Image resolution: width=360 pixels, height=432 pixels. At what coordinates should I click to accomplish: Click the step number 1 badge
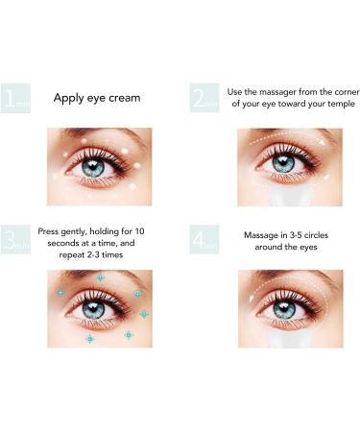pos(15,98)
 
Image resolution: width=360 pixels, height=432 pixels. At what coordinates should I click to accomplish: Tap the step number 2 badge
pos(204,98)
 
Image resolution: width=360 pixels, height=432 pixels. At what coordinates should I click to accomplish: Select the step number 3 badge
pos(15,239)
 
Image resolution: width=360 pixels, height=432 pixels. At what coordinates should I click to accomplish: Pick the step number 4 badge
pos(204,239)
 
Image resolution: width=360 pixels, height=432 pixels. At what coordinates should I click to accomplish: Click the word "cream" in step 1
pos(124,98)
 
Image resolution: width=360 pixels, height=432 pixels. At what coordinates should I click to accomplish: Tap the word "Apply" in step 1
pos(68,98)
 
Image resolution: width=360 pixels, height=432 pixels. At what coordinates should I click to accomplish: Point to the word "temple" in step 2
pos(340,104)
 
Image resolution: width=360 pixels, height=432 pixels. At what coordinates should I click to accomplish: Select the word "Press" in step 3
pos(48,231)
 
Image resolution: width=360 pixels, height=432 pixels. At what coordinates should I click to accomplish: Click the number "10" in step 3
pos(139,231)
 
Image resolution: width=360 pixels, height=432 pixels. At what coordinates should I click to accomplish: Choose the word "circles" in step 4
pos(316,235)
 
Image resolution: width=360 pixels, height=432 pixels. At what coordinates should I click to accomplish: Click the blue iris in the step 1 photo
pos(93,168)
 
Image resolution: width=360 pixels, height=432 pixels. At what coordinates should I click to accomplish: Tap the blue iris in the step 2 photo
pos(283,164)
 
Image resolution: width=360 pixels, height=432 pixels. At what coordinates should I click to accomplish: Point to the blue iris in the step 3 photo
pos(93,309)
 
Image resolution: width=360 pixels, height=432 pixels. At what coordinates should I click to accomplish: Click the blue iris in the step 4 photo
pos(284,310)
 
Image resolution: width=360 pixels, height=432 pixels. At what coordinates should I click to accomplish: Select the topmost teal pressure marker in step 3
pos(101,277)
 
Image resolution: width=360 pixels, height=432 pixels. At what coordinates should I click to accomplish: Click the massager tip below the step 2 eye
pos(290,196)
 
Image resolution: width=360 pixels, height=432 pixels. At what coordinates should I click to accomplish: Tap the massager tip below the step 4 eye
pos(290,339)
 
